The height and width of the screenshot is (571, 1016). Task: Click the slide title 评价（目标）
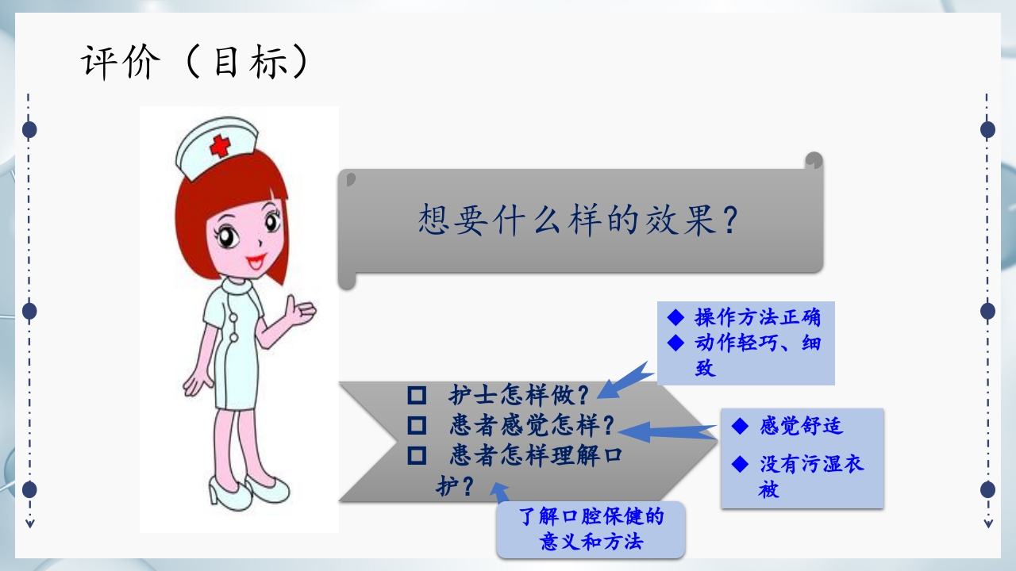pos(194,62)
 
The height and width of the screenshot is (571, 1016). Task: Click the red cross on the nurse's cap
pos(219,146)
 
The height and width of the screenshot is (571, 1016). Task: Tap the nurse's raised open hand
pos(300,312)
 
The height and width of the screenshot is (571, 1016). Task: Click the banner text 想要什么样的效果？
pos(579,220)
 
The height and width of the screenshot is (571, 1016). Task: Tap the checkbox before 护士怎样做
pos(416,394)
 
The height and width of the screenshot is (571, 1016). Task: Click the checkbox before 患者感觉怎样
pos(416,426)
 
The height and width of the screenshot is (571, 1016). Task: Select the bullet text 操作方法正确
pos(757,318)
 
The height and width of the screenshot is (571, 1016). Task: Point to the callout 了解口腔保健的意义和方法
pos(591,530)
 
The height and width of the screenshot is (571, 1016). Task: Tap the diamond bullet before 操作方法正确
pos(675,318)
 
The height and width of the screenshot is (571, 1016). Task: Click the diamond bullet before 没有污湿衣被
pos(740,463)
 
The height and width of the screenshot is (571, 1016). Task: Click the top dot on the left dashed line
pos(29,129)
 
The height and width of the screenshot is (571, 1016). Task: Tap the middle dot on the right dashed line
pos(987,311)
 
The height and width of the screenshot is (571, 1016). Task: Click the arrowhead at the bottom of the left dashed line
pos(29,523)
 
